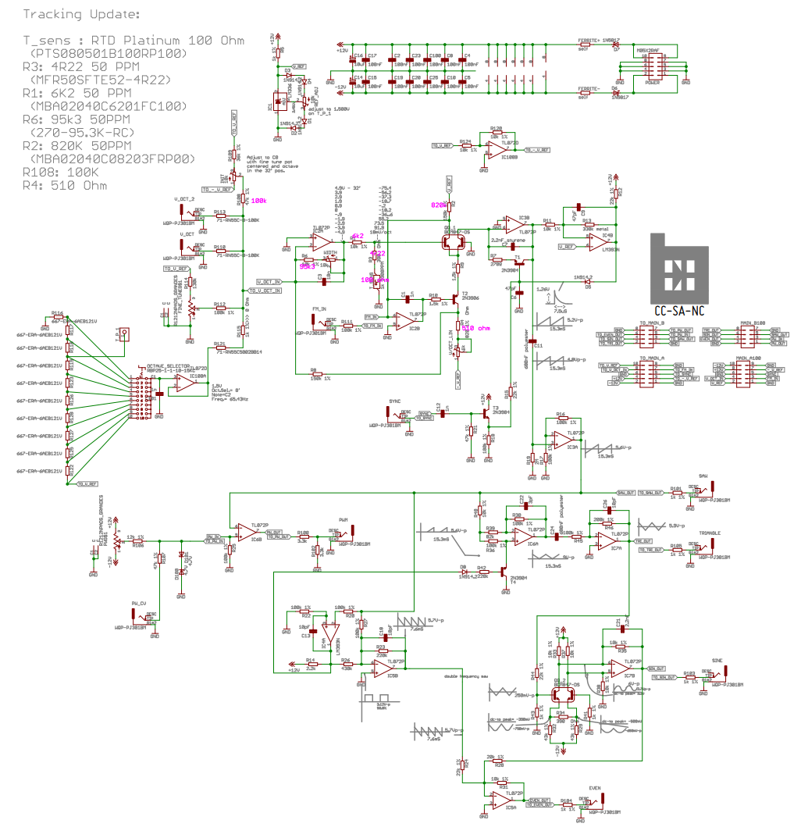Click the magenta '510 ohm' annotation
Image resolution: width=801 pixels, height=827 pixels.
point(475,328)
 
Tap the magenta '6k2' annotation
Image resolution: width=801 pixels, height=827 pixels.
point(358,236)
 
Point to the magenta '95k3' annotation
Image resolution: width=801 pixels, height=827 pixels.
point(308,266)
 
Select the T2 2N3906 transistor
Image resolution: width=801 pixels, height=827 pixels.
point(455,298)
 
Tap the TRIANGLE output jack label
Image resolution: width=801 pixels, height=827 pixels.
point(710,533)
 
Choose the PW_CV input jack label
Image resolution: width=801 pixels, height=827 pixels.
point(139,604)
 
